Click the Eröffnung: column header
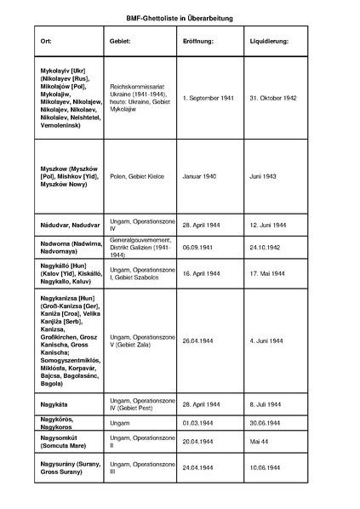click(197, 42)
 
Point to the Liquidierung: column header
click(270, 42)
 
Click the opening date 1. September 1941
click(208, 98)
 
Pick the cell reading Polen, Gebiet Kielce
click(139, 176)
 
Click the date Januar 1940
click(199, 176)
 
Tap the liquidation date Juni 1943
click(264, 176)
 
